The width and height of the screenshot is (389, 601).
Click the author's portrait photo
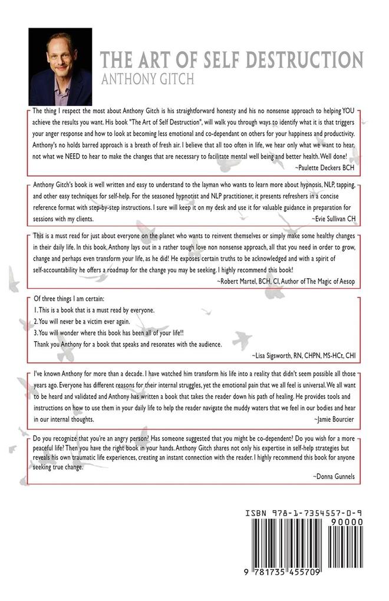(x=60, y=67)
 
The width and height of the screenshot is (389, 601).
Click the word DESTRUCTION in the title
(x=303, y=60)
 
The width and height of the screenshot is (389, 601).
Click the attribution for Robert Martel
(x=288, y=281)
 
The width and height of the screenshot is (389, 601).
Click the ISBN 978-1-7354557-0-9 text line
(x=303, y=513)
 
